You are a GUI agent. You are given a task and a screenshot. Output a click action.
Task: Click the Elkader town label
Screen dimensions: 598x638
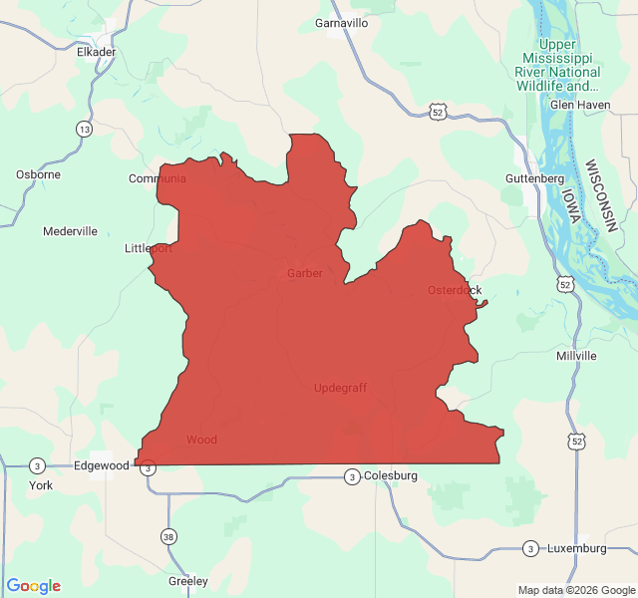97,52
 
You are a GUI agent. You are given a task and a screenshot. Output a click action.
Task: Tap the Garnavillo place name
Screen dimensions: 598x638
341,23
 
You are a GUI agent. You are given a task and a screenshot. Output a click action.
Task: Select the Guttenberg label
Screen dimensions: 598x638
534,177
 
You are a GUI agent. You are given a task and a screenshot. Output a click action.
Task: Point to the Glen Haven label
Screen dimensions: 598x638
579,104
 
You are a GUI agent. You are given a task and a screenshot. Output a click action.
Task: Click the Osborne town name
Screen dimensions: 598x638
38,174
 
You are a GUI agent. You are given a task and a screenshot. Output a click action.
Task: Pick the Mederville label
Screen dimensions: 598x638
70,231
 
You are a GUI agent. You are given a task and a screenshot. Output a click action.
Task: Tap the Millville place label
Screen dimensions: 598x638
576,356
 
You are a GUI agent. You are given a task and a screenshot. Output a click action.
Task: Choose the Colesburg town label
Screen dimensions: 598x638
390,475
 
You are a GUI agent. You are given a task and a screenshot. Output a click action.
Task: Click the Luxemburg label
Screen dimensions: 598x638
576,548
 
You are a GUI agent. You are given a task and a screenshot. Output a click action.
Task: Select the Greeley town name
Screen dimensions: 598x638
188,581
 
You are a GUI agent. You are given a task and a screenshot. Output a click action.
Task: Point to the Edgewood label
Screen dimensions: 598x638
102,465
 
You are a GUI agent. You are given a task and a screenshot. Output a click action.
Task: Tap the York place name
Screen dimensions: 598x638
41,485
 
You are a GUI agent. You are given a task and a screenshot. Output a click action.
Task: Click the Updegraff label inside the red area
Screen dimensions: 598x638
340,388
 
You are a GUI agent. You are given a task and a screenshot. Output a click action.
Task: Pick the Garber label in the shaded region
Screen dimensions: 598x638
305,273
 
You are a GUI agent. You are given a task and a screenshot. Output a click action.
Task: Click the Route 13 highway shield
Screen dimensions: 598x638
84,130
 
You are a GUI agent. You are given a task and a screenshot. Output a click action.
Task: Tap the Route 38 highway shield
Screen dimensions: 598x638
168,536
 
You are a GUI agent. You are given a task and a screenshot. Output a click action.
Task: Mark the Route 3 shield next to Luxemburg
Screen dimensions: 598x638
530,548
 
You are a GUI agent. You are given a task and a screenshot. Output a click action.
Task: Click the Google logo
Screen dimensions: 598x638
34,586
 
